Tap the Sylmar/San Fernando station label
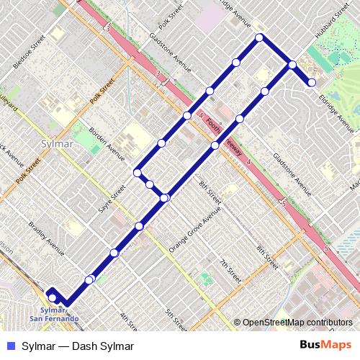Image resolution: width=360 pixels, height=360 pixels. click(51, 313)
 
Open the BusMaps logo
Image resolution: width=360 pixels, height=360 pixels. click(326, 346)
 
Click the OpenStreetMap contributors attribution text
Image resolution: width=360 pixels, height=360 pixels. click(297, 323)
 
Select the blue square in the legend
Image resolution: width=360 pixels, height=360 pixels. click(10, 346)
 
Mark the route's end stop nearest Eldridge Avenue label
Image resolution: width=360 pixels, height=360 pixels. click(312, 83)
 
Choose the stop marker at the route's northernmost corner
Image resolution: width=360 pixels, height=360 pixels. click(258, 37)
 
